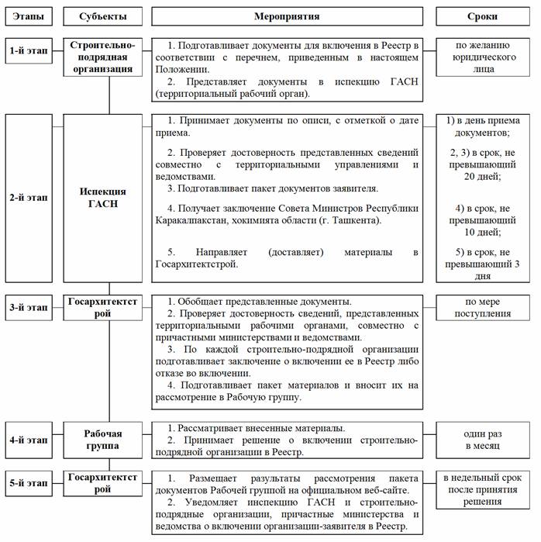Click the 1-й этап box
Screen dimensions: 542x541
(27, 51)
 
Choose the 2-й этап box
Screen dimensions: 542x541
(27, 197)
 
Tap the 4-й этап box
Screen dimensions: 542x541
(27, 440)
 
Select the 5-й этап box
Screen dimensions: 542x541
(27, 483)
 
